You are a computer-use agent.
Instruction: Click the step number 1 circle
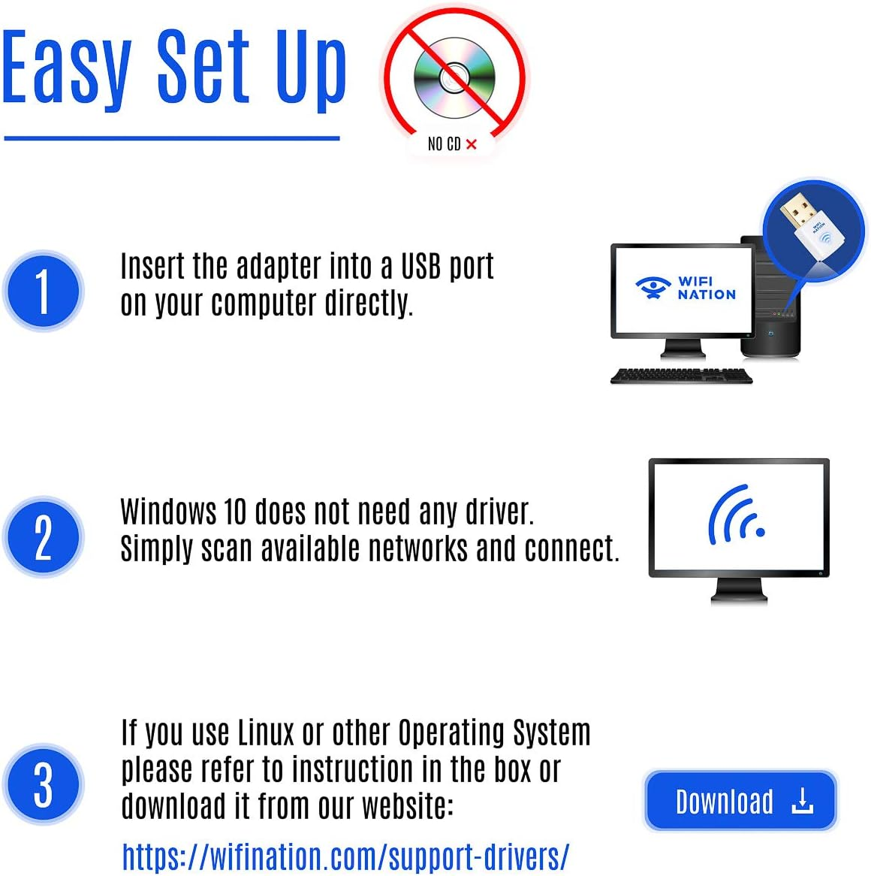point(43,291)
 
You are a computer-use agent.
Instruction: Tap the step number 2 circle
point(43,537)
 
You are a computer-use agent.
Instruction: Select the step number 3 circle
point(43,784)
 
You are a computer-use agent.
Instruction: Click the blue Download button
point(740,801)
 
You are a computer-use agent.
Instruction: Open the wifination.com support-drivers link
point(345,856)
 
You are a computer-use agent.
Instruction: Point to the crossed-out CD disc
point(453,77)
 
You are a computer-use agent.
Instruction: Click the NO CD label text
point(444,143)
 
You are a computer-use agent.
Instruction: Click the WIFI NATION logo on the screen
point(685,288)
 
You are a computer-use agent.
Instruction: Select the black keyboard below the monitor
point(681,376)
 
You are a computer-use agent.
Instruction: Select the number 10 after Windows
point(235,512)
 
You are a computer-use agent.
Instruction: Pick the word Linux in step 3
point(267,732)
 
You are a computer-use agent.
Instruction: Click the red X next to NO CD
point(472,143)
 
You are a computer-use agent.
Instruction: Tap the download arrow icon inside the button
point(802,801)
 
